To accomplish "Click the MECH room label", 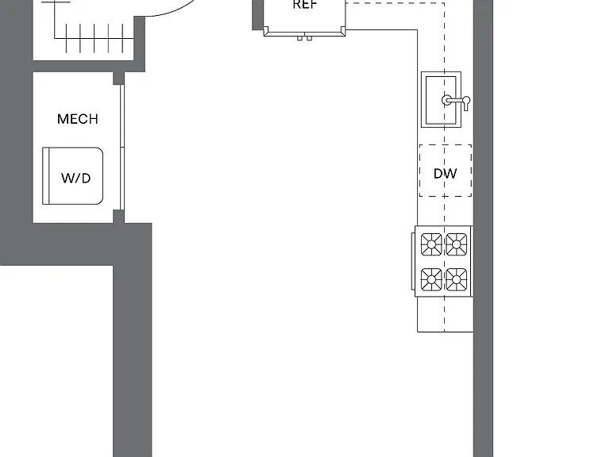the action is pos(77,119).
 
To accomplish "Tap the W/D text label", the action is pos(76,178).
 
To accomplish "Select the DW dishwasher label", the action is pos(445,173).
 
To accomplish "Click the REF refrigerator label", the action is pos(305,5).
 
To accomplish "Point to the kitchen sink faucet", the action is pos(456,101).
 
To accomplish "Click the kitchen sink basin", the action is pos(441,100).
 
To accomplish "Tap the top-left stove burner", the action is pos(431,244).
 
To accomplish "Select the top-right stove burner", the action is pos(457,244).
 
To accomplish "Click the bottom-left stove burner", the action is pos(431,279).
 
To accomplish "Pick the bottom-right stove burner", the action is pos(457,279).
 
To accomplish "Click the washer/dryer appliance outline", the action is pos(73,175).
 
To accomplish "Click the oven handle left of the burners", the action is pos(413,261).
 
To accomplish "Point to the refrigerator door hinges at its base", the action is pos(305,38).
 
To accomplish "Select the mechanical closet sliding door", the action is pos(122,148).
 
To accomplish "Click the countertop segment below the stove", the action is pos(446,314).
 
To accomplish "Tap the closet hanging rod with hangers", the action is pos(94,38).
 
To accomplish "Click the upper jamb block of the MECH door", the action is pos(118,78).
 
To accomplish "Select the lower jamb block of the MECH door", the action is pos(118,217).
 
